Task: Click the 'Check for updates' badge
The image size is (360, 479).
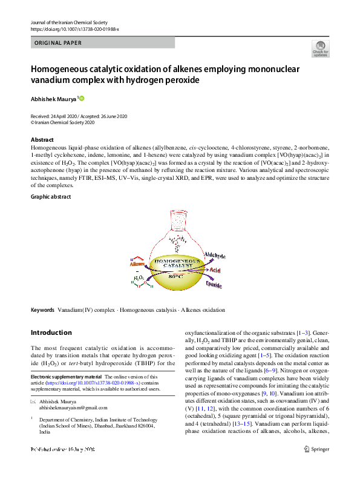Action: tap(319, 49)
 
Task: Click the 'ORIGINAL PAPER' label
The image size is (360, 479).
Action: tap(59, 43)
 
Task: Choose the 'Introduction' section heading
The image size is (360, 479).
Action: tap(51, 332)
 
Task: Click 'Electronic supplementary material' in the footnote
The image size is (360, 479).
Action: tap(67, 377)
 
